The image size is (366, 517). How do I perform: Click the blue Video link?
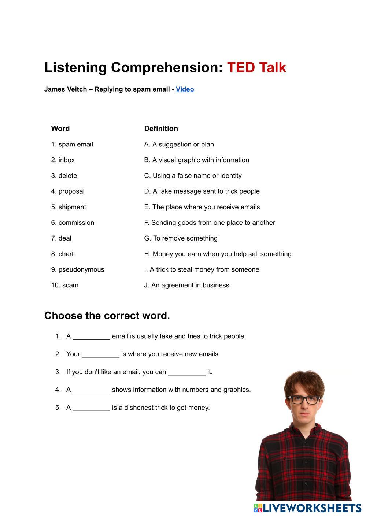[x=185, y=89]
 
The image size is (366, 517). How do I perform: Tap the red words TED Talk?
[x=256, y=67]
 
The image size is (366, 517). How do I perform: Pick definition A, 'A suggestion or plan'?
[x=179, y=144]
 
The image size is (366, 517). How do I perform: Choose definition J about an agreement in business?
[x=186, y=285]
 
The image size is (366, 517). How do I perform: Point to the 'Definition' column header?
[x=161, y=129]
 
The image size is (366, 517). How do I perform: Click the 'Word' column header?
[x=60, y=129]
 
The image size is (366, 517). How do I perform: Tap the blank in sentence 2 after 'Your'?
[x=100, y=354]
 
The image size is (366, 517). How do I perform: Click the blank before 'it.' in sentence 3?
[x=186, y=372]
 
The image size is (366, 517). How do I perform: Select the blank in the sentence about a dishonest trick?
[x=91, y=408]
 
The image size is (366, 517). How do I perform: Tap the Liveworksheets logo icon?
[x=258, y=508]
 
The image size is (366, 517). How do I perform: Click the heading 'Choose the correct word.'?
[x=107, y=316]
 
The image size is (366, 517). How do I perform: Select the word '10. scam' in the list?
[x=65, y=285]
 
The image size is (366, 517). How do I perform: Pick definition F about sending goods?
[x=209, y=223]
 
